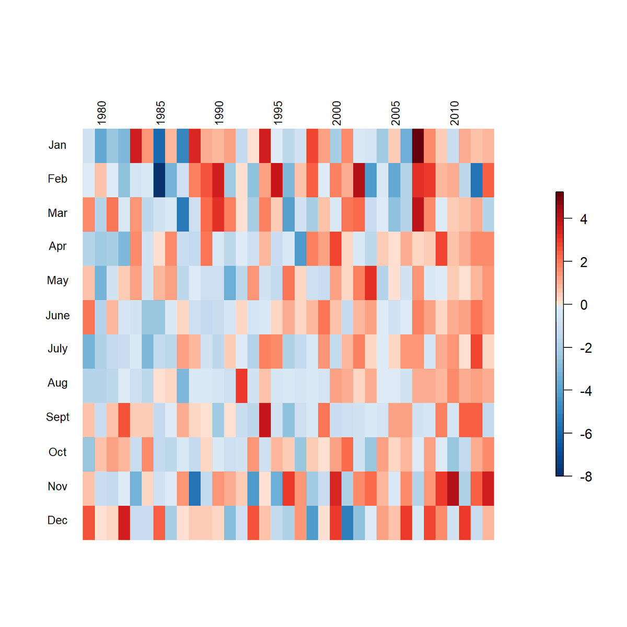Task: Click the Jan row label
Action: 57,145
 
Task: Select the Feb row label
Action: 57,179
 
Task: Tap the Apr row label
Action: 57,246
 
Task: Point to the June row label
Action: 57,316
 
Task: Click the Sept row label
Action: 57,417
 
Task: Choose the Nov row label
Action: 57,486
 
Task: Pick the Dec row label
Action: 57,520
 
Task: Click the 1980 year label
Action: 101,113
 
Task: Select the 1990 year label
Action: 219,113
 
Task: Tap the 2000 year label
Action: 336,113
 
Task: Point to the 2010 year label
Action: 454,113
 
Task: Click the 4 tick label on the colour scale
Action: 584,219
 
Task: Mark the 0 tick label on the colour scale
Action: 584,305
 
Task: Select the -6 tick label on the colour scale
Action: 586,434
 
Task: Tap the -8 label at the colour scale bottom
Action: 586,477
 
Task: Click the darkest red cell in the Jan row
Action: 418,146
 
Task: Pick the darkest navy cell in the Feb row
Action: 159,180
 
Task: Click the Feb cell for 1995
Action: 277,180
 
